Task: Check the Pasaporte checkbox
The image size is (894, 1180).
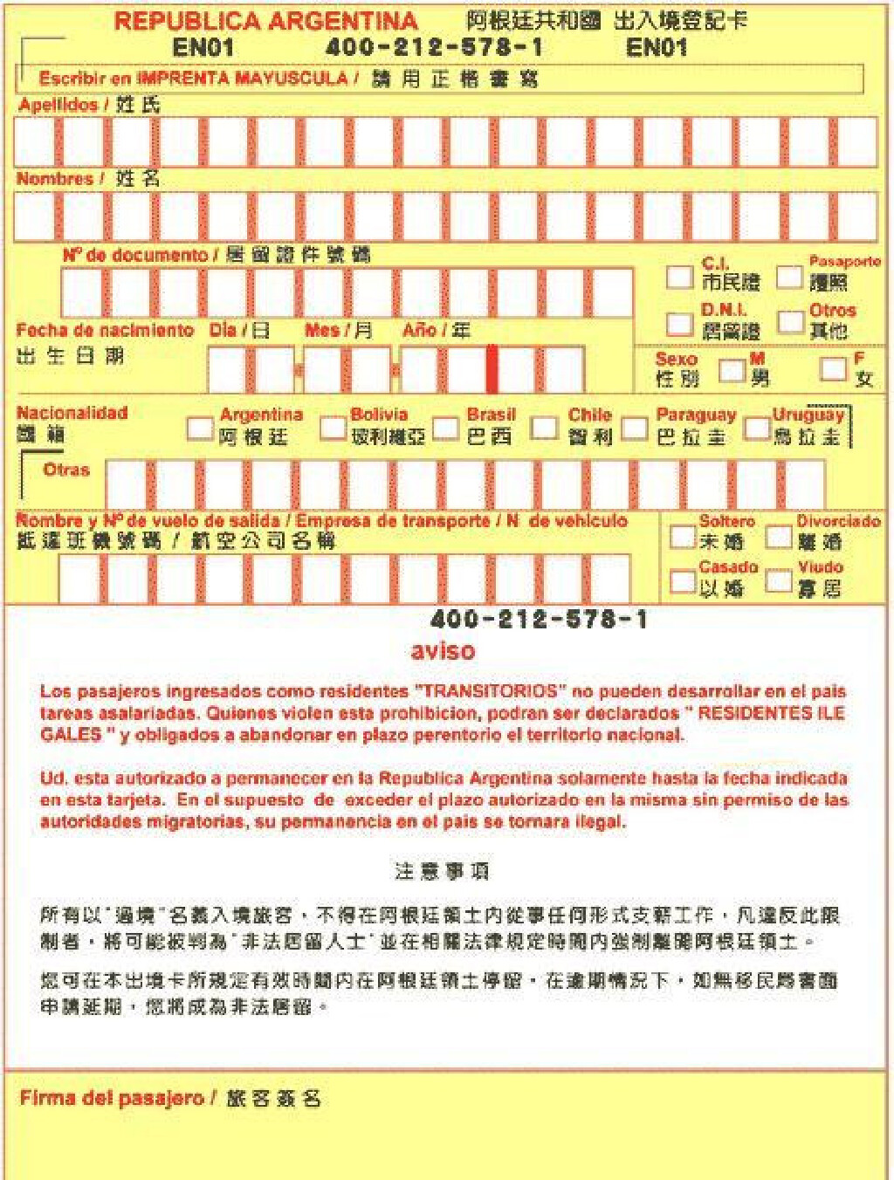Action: (x=789, y=278)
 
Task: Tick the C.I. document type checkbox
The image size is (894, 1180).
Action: (x=679, y=278)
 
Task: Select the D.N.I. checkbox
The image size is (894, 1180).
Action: (x=679, y=324)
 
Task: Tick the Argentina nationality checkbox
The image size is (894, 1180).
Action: (x=200, y=429)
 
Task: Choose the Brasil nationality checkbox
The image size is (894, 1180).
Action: (x=445, y=429)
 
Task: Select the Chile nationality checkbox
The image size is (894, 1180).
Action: (x=544, y=428)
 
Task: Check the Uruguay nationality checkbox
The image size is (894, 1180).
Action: (x=756, y=428)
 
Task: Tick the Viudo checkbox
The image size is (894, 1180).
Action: (x=778, y=580)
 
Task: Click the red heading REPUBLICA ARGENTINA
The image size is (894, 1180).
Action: (x=266, y=21)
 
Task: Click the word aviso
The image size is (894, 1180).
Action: (x=444, y=650)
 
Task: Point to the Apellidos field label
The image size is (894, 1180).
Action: (x=58, y=105)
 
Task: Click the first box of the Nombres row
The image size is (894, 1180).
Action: (x=36, y=217)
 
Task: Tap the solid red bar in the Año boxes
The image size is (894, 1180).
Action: (x=492, y=369)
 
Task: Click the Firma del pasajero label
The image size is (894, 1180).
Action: (x=112, y=1099)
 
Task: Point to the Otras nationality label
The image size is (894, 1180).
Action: (x=66, y=470)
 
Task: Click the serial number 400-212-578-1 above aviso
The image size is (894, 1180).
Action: (x=540, y=620)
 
